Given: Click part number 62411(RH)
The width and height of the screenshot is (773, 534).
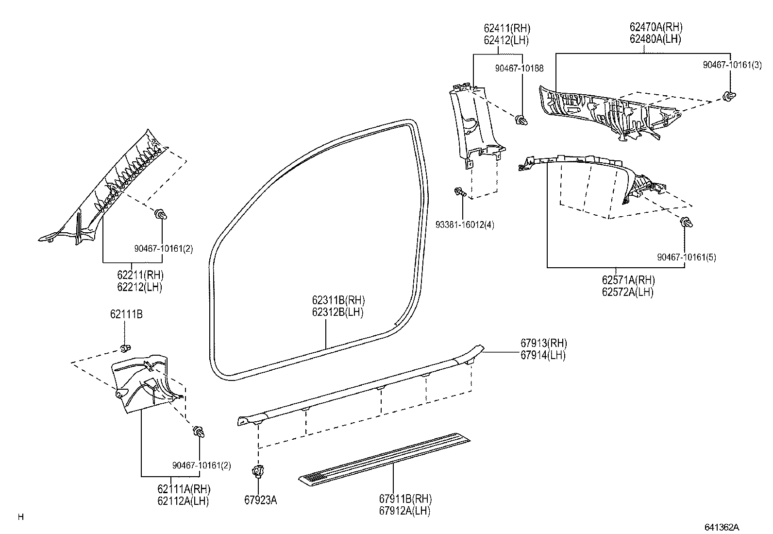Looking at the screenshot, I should coord(506,29).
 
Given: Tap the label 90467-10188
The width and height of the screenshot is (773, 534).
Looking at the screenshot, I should coord(519,69).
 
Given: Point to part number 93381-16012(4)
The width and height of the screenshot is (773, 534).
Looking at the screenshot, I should coord(465,225).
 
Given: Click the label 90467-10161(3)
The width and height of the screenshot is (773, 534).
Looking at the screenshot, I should coord(732,65).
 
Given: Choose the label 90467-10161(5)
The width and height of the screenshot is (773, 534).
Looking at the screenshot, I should coord(686,257).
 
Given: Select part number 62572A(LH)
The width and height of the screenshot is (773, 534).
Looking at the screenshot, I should coord(627,292).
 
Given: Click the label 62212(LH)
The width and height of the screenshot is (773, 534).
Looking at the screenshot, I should coord(139,287).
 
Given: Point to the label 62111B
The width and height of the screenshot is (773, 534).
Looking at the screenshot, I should coord(126,314).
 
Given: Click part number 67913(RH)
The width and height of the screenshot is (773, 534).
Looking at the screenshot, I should coord(543,344).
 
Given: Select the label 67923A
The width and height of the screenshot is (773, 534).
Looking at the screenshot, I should coord(260,500).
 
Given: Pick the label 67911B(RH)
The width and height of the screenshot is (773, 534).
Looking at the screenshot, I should coord(405,499).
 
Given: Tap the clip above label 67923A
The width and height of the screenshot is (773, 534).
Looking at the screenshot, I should coord(258,471).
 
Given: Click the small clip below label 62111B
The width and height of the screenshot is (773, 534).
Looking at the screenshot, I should coord(125,348).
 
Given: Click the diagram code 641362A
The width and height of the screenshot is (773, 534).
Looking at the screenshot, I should coord(722,527).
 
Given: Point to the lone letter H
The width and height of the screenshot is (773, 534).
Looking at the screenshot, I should coord(20,517).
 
